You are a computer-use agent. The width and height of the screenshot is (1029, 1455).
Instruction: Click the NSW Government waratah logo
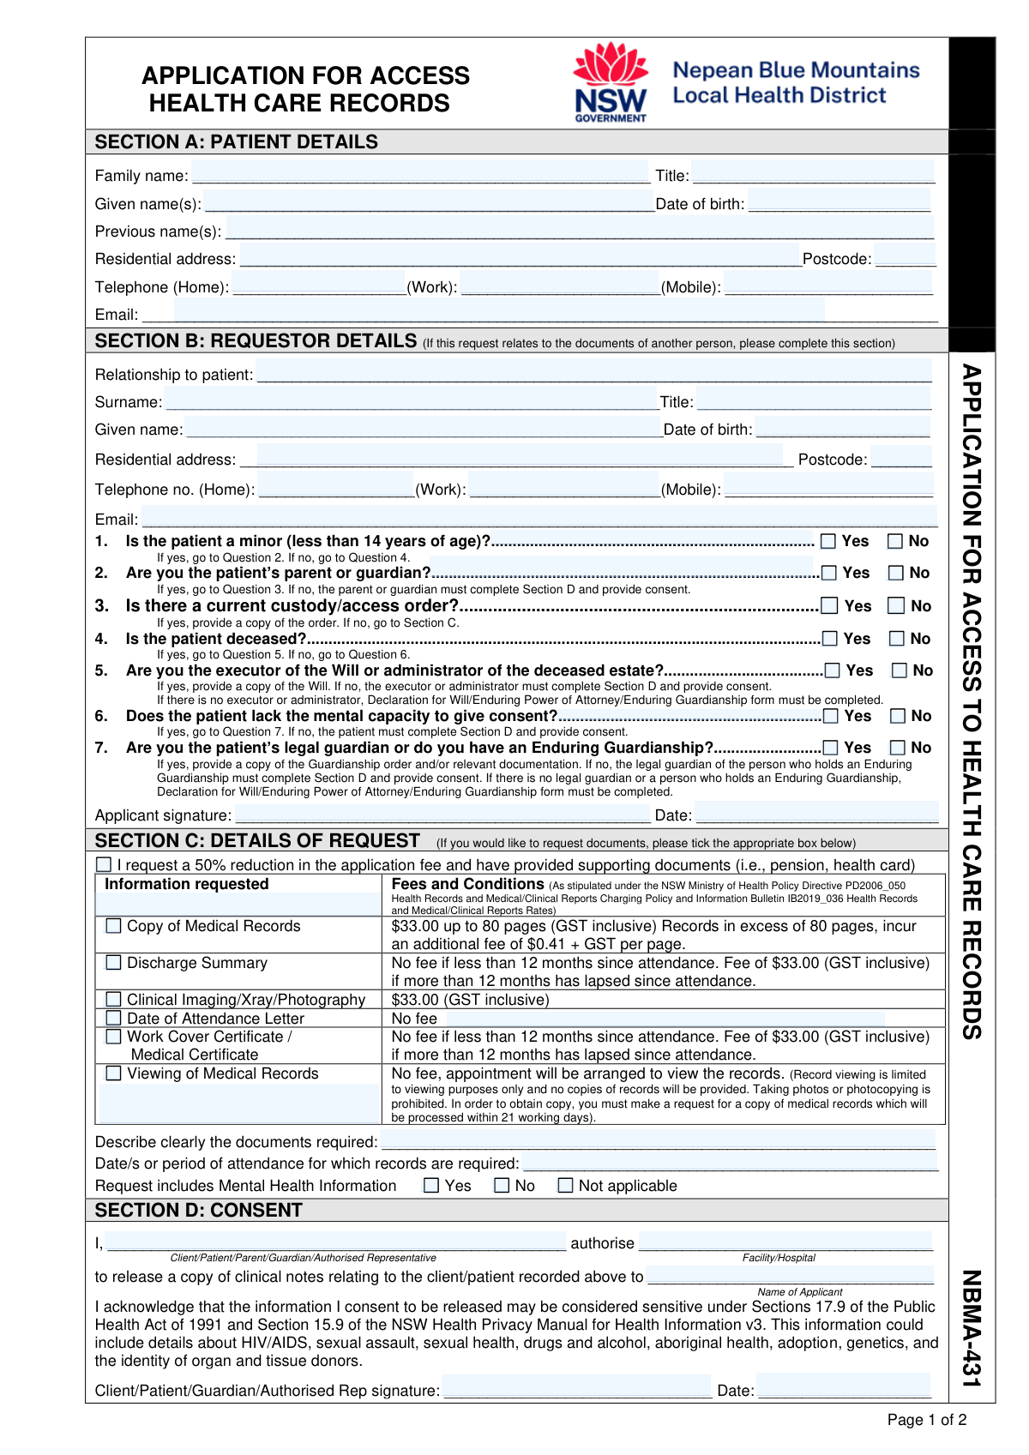(x=611, y=82)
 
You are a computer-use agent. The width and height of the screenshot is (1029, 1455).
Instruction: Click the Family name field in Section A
(x=420, y=174)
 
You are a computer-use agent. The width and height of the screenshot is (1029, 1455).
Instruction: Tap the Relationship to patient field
(x=593, y=373)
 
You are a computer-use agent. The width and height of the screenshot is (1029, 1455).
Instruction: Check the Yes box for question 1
(x=828, y=541)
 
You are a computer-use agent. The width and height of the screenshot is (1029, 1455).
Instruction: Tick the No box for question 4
(x=897, y=639)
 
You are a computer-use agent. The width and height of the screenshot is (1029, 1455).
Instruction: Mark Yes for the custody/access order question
(x=830, y=606)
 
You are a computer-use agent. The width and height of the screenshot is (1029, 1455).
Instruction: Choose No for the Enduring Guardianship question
(x=898, y=748)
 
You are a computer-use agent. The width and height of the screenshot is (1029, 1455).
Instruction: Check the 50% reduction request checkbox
(x=104, y=864)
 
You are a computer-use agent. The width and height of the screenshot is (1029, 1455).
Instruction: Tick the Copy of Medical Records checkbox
(x=113, y=926)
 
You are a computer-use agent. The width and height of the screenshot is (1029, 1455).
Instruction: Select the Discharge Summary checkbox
(x=113, y=963)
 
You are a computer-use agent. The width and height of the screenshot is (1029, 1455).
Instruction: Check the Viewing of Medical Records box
(x=113, y=1073)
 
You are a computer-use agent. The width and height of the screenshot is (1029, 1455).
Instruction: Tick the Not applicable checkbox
(x=566, y=1186)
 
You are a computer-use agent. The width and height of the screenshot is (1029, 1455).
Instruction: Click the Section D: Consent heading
(x=199, y=1210)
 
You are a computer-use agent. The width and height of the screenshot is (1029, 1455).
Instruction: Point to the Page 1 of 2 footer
(x=926, y=1420)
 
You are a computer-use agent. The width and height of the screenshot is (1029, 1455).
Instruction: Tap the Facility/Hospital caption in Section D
(x=779, y=1258)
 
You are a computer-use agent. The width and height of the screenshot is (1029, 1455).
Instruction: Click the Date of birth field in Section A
(x=839, y=202)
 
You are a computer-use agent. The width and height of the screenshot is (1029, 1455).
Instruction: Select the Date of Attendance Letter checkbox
(x=113, y=1018)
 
